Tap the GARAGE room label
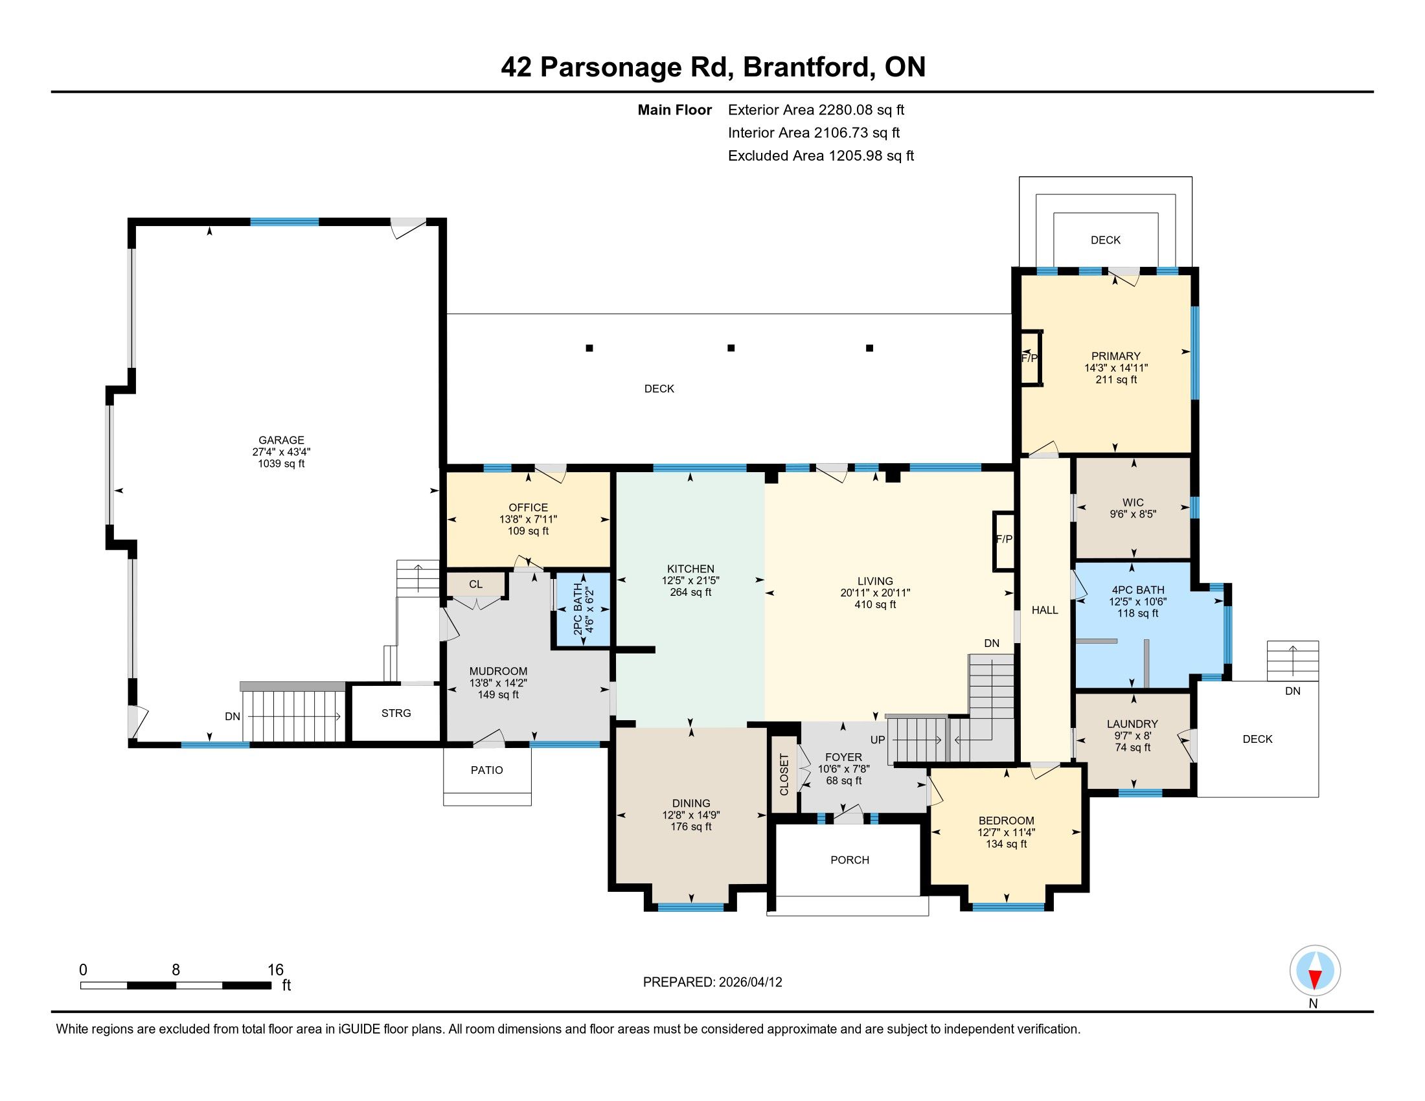coord(281,440)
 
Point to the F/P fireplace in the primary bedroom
coord(1032,358)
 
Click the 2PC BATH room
coord(582,610)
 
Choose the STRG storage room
coord(396,713)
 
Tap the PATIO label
coord(486,770)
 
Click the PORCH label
coord(850,860)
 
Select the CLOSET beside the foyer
coord(784,774)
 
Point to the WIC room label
coord(1133,502)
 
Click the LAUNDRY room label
coord(1132,724)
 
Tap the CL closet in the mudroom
coord(475,584)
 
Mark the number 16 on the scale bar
coord(275,970)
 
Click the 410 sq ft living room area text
coord(875,605)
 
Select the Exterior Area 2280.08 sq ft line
coord(815,110)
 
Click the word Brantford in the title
coord(806,67)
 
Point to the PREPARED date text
coord(712,982)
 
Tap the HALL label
coord(1045,611)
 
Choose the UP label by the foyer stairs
coord(878,740)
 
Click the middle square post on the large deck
coord(731,348)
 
